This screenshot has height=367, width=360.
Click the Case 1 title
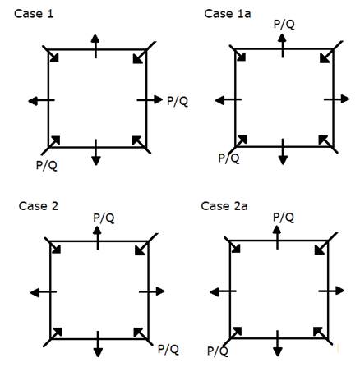point(34,14)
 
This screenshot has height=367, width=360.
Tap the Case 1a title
point(228,13)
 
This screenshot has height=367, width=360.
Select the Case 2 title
point(39,206)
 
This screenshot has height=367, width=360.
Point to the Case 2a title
point(224,206)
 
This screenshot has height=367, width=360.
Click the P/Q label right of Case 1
point(178,101)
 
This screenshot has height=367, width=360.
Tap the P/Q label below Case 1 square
point(47,165)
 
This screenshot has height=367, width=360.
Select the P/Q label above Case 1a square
point(284,24)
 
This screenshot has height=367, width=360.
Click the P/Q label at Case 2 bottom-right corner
point(168,349)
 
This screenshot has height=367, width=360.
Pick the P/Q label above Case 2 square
point(104,218)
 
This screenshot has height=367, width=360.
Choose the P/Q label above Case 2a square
point(284,218)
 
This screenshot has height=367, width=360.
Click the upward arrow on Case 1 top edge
point(95,46)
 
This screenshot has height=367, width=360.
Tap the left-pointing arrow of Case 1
point(41,101)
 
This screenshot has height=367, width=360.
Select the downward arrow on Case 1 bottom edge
point(95,153)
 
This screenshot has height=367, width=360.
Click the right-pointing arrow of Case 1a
point(337,99)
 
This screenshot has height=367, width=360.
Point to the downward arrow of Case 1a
point(283,152)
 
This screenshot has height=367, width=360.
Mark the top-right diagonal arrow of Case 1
point(145,53)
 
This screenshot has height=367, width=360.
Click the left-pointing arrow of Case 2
point(44,292)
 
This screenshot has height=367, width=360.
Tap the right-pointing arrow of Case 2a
point(331,291)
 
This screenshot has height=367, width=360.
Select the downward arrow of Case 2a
point(278,343)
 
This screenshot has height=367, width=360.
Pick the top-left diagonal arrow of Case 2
point(53,245)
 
